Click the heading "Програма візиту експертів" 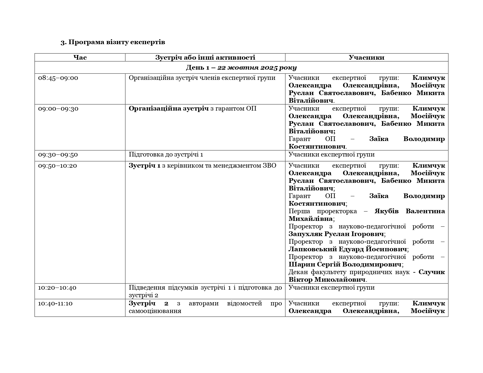(113, 42)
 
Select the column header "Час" (80, 58)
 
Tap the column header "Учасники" (366, 58)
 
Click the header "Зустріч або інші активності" (205, 58)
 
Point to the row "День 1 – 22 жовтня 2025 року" (241, 68)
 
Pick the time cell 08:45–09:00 (58, 78)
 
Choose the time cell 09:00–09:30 (58, 109)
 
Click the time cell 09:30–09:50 (58, 154)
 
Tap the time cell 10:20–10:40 (57, 288)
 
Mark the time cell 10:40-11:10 (55, 303)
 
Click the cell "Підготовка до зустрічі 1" (166, 154)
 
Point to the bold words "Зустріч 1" (145, 166)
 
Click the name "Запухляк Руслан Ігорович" (336, 234)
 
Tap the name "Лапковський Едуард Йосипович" (348, 249)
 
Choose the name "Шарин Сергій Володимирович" (345, 264)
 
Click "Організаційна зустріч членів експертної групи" (202, 78)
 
